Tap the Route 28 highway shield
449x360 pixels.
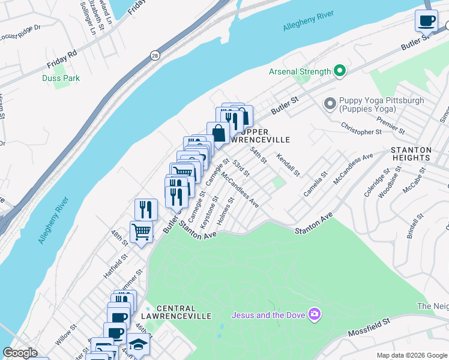click(154, 54)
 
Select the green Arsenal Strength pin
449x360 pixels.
click(340, 71)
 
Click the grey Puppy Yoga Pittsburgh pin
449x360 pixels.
click(329, 104)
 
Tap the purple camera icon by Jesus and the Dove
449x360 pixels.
click(314, 314)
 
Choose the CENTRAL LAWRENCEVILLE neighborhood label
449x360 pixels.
click(176, 311)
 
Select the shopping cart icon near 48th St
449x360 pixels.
click(141, 232)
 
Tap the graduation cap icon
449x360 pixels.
click(138, 344)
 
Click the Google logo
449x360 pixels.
click(20, 353)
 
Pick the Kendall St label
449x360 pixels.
click(288, 164)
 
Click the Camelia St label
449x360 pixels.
click(315, 184)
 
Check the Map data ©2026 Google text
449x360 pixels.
click(411, 355)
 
